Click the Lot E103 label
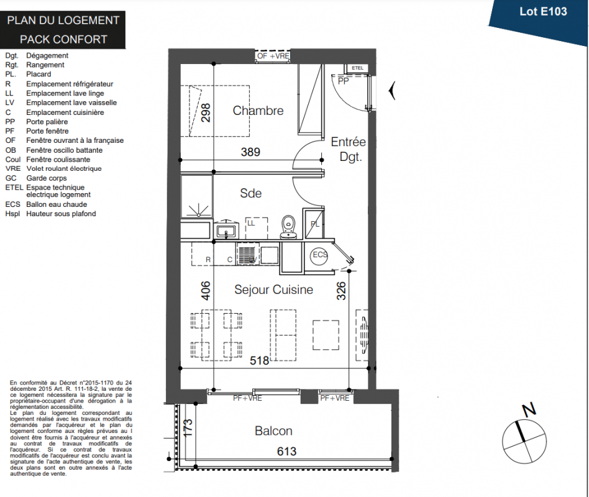pos(543,12)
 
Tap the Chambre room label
pos(258,111)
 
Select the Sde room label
pos(250,193)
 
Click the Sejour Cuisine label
pos(273,290)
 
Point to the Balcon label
pos(273,431)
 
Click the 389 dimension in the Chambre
pos(250,152)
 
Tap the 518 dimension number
pos(260,360)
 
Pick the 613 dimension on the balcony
pos(286,451)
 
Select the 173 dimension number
pos(188,427)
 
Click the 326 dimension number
pos(340,291)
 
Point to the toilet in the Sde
pos(288,227)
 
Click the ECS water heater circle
pos(319,255)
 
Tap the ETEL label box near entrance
pos(357,68)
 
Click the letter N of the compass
pos(529,409)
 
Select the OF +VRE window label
pos(273,56)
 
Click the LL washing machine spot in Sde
pos(257,228)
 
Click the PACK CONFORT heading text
pos(63,39)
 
